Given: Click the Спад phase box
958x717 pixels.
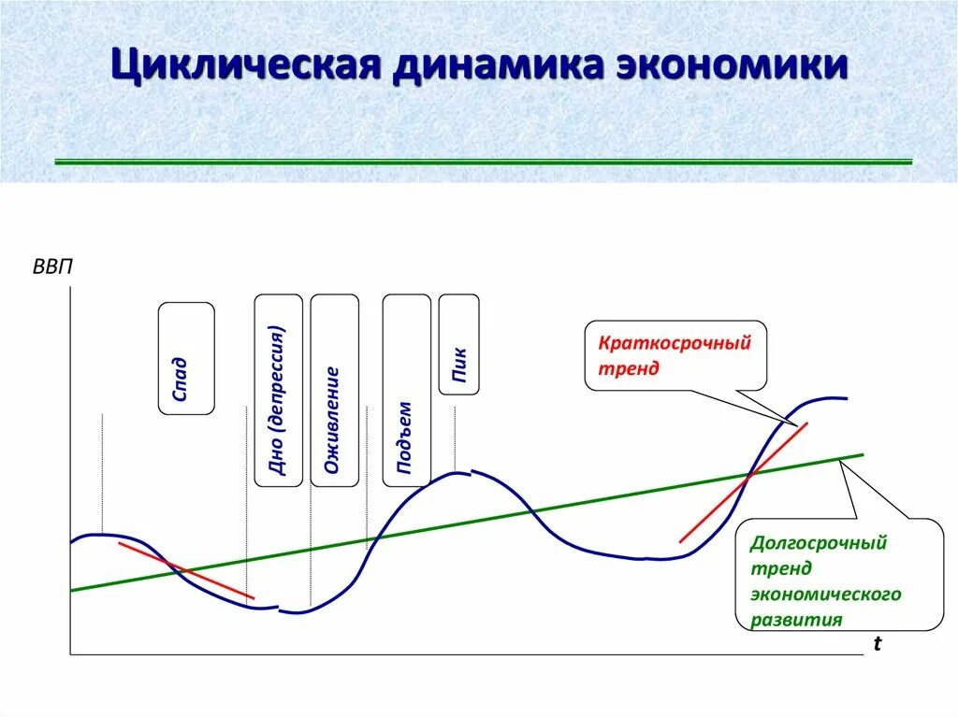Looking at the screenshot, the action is point(186,358).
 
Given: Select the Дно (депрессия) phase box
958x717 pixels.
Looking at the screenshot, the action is point(278,390).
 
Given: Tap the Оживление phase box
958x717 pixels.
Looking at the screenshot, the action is point(334,390).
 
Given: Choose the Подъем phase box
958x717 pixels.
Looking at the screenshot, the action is point(406,390).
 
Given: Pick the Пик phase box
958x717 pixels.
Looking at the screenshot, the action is point(458,344).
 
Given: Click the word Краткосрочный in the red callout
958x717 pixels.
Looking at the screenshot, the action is point(675,342).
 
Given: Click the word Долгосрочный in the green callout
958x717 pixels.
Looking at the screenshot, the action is point(818,543).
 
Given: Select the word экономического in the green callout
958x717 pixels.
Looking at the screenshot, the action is point(825,594).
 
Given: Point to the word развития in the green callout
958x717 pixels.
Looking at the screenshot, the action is point(796,619).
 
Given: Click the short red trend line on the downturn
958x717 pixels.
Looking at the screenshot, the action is point(186,569).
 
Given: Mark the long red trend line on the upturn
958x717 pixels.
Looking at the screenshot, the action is point(744,482).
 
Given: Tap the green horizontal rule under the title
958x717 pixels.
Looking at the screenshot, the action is point(484,162).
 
